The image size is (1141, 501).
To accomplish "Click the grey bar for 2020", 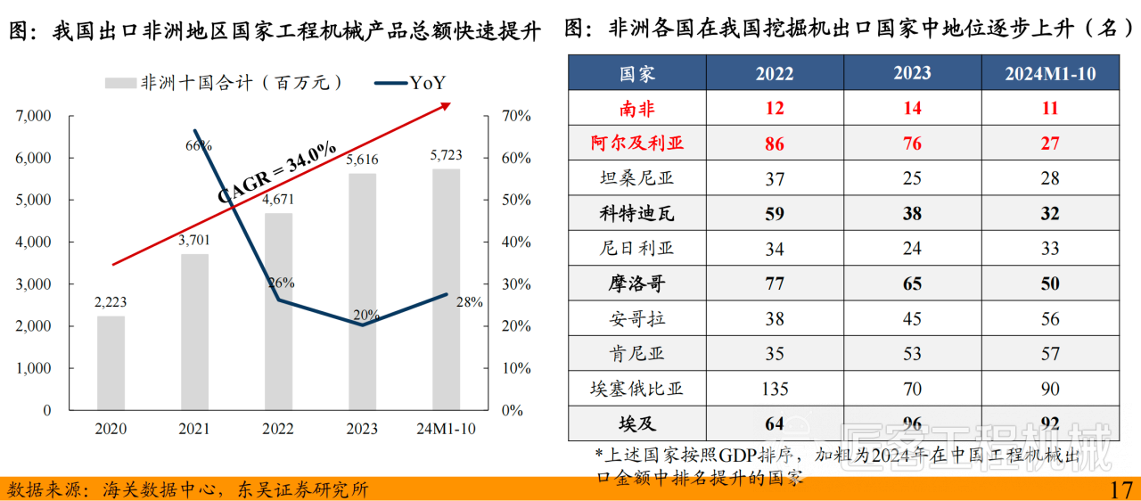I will (x=111, y=363).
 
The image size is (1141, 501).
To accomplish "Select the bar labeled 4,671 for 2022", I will (x=278, y=312).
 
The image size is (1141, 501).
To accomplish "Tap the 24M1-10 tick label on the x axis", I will (x=446, y=429).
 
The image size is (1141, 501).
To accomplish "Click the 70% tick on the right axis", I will (x=516, y=116).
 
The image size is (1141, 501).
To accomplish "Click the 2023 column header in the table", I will (x=912, y=73).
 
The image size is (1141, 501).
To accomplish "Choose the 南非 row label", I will (x=636, y=108).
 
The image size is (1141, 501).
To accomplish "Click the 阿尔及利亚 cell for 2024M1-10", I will (x=1050, y=144).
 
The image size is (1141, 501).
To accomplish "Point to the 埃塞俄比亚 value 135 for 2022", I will (x=775, y=389).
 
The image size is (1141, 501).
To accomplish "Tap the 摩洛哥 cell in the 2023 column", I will (x=912, y=284).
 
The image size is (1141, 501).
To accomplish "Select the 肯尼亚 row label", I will (x=636, y=354).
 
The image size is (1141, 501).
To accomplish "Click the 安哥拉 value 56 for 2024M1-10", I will (x=1050, y=319).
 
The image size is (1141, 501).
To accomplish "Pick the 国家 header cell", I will (x=636, y=73).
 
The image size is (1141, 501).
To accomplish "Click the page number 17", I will (x=1120, y=489).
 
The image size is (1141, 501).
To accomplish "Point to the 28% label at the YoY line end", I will (x=469, y=302).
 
